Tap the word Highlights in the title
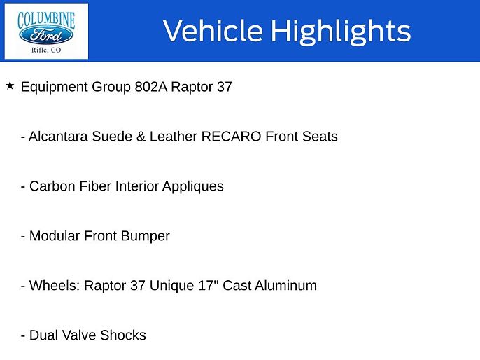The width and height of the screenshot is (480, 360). click(x=340, y=31)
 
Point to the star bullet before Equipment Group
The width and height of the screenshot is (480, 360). click(x=10, y=85)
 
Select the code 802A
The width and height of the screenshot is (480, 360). click(x=152, y=88)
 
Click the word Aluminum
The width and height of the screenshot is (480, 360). click(x=285, y=286)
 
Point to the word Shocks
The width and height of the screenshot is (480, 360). click(x=123, y=335)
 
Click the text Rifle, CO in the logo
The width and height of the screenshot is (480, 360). click(x=46, y=50)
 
